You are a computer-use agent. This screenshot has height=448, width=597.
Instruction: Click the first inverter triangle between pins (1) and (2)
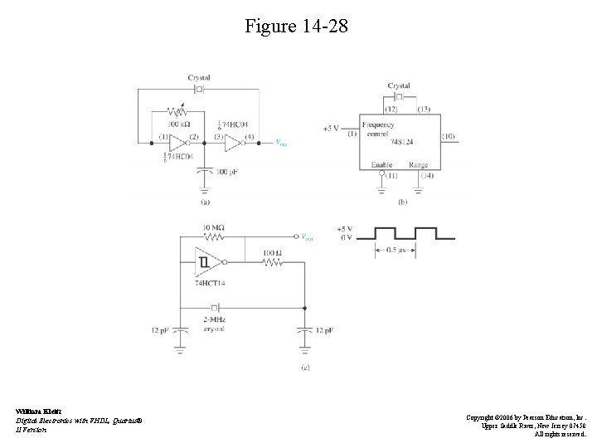(x=177, y=142)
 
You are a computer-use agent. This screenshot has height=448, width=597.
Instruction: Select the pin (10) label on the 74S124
(x=449, y=135)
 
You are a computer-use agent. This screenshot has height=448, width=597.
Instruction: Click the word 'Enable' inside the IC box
(x=381, y=165)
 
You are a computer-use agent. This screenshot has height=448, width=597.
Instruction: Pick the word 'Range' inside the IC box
(x=419, y=165)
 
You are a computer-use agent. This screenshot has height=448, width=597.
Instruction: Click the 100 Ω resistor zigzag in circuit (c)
(x=271, y=262)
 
